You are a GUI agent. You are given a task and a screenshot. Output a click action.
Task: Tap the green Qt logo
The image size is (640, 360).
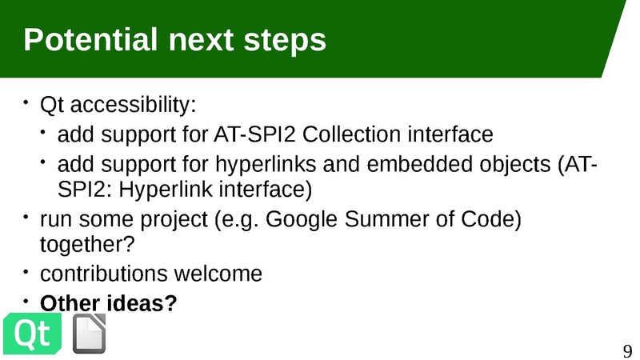pyautogui.click(x=33, y=334)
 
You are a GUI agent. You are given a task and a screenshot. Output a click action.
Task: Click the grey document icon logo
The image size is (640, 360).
pyautogui.click(x=90, y=334)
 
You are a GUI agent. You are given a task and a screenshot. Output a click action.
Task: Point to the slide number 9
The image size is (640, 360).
pyautogui.click(x=627, y=350)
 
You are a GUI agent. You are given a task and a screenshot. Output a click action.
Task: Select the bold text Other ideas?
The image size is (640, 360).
pyautogui.click(x=108, y=304)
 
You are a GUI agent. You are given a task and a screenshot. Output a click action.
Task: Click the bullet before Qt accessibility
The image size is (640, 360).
pyautogui.click(x=25, y=102)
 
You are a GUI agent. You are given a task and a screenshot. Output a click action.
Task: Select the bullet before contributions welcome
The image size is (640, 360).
pyautogui.click(x=25, y=271)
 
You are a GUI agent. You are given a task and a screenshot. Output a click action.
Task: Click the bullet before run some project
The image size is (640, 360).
pyautogui.click(x=25, y=217)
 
